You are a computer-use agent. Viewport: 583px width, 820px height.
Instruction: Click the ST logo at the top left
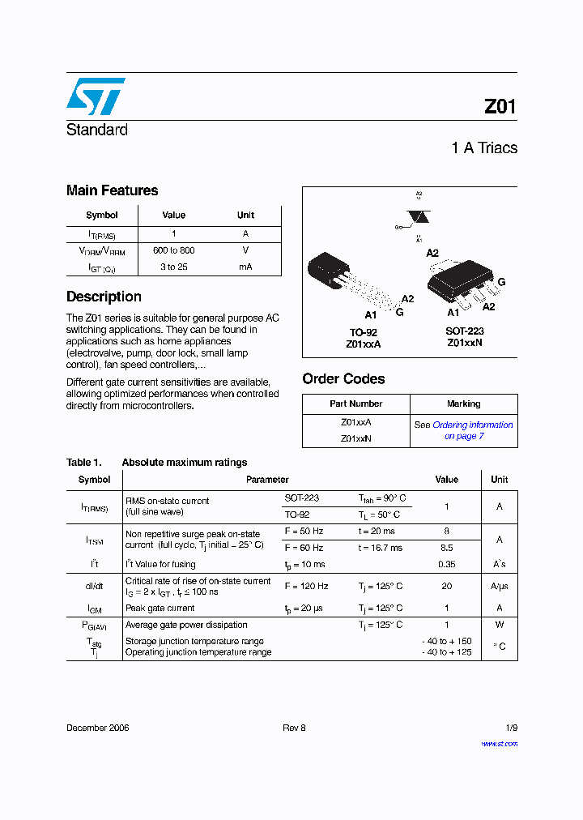(96, 96)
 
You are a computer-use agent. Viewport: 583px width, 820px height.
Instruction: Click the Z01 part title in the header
(500, 107)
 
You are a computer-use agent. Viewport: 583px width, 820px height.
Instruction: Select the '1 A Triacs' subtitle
(484, 147)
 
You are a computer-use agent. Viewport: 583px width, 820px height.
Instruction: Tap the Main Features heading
(112, 190)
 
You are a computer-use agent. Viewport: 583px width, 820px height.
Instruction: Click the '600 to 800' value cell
(173, 250)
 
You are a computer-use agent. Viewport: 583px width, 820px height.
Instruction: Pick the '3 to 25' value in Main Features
(173, 267)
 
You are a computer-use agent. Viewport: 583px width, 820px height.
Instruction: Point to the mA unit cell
(245, 267)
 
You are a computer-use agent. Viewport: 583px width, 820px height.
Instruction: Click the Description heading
(104, 297)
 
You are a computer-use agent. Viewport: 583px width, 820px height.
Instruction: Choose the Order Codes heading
(343, 378)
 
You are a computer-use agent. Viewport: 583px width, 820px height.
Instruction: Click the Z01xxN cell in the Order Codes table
(356, 438)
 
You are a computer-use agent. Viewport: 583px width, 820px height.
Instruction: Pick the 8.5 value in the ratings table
(446, 548)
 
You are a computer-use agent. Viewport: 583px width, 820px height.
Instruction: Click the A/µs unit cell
(499, 586)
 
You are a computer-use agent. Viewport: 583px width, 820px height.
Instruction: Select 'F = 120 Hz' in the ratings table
(306, 586)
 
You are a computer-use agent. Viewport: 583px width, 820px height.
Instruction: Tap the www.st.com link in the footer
(499, 743)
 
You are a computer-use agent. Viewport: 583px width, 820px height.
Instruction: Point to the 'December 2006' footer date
(97, 728)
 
